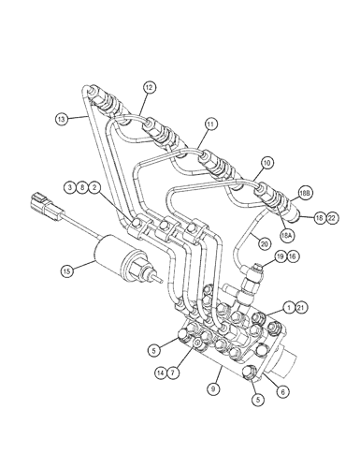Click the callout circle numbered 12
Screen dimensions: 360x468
pyautogui.click(x=150, y=88)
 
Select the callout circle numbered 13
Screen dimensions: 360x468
pyautogui.click(x=61, y=119)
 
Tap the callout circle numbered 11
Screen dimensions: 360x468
pyautogui.click(x=211, y=124)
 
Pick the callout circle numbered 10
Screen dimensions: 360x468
pyautogui.click(x=267, y=163)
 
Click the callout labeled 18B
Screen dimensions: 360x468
pyautogui.click(x=305, y=194)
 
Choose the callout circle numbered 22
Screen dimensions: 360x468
pyautogui.click(x=332, y=218)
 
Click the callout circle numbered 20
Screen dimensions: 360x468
pyautogui.click(x=265, y=244)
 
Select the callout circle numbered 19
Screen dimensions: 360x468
pyautogui.click(x=281, y=256)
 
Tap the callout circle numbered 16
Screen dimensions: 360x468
pyautogui.click(x=293, y=256)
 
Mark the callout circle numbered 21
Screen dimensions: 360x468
pyautogui.click(x=301, y=308)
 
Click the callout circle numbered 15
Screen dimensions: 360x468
pyautogui.click(x=67, y=271)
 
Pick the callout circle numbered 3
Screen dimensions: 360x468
pyautogui.click(x=70, y=187)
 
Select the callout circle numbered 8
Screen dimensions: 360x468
pyautogui.click(x=81, y=187)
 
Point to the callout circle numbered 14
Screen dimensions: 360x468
pyautogui.click(x=161, y=373)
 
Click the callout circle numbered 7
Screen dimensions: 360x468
pyautogui.click(x=173, y=373)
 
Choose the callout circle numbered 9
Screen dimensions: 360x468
pyautogui.click(x=213, y=388)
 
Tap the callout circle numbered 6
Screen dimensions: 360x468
pyautogui.click(x=283, y=391)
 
